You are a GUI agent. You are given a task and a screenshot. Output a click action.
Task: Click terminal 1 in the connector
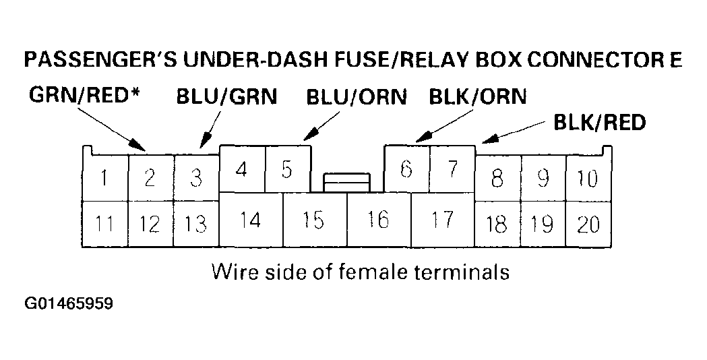[x=104, y=179]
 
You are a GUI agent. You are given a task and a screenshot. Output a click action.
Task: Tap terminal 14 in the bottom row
[x=250, y=220]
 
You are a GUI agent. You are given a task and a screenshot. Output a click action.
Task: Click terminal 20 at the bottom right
[x=588, y=224]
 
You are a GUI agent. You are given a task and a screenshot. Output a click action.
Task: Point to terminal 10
[x=588, y=179]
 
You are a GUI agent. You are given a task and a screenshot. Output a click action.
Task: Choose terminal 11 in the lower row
[x=104, y=224]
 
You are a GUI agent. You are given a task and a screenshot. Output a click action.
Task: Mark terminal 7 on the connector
[x=452, y=169]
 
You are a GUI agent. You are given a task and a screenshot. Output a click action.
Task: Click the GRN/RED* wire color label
[x=85, y=96]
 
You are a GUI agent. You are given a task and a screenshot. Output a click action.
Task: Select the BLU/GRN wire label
[x=226, y=96]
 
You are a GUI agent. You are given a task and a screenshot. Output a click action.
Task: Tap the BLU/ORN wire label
[x=357, y=96]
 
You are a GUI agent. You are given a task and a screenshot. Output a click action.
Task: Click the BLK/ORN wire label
[x=478, y=96]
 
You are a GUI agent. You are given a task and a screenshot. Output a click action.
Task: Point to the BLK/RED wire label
[x=599, y=122]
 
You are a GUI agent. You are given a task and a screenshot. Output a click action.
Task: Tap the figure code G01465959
[x=69, y=304]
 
